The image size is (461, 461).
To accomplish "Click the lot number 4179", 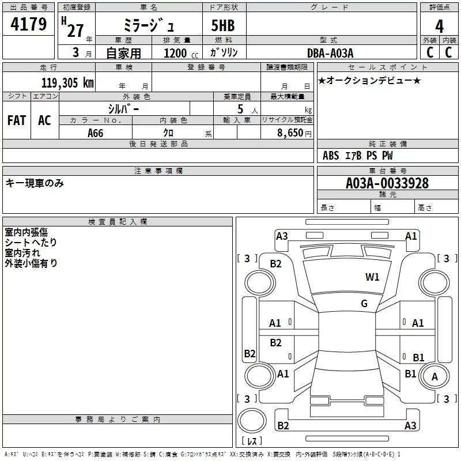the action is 28,24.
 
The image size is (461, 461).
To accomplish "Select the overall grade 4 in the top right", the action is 439,27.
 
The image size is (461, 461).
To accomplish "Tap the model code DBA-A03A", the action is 330,53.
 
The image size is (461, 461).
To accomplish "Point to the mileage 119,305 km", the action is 67,83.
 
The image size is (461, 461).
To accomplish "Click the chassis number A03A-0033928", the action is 387,183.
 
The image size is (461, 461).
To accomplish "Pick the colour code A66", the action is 95,133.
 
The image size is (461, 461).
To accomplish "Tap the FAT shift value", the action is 17,120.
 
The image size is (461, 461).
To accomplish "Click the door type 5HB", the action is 223,25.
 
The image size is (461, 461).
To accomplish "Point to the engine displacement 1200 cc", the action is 181,54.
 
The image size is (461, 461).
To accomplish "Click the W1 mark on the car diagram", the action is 372,277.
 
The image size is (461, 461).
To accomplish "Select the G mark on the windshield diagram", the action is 364,304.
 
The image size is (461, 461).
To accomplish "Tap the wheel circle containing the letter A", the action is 434,376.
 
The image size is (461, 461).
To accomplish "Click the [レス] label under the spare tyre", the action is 252,441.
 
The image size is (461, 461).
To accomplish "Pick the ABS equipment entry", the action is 331,156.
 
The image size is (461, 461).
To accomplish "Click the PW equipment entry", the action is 387,156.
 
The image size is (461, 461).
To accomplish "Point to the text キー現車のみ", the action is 35,183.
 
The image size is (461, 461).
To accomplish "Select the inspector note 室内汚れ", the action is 22,253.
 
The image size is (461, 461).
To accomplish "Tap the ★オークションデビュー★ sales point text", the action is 369,81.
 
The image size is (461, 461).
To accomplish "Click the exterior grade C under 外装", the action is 430,52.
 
